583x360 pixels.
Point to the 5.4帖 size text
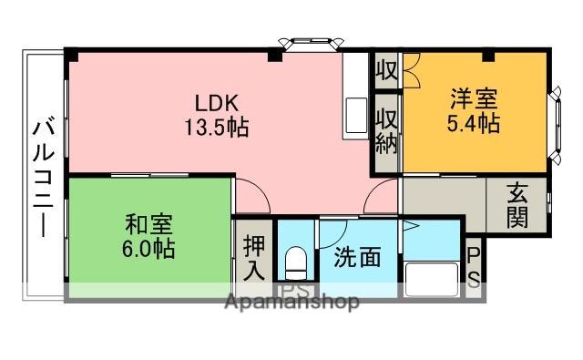[x=474, y=123]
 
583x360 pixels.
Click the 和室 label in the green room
[x=148, y=223]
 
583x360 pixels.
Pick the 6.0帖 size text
[x=148, y=247]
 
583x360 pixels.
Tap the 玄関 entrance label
[x=517, y=206]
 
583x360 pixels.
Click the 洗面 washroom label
[x=357, y=258]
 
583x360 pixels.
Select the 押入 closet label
[x=254, y=258]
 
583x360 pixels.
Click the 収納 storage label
[x=386, y=131]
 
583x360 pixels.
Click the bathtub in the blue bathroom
[x=432, y=277]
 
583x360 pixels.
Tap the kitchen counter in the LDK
[x=353, y=97]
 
